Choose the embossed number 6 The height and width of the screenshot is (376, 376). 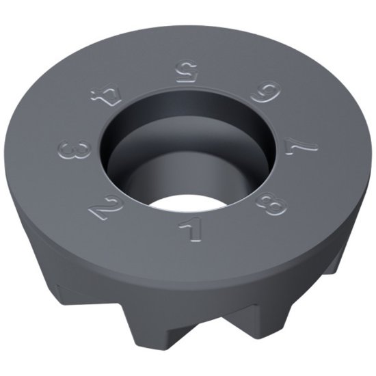click(x=265, y=92)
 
